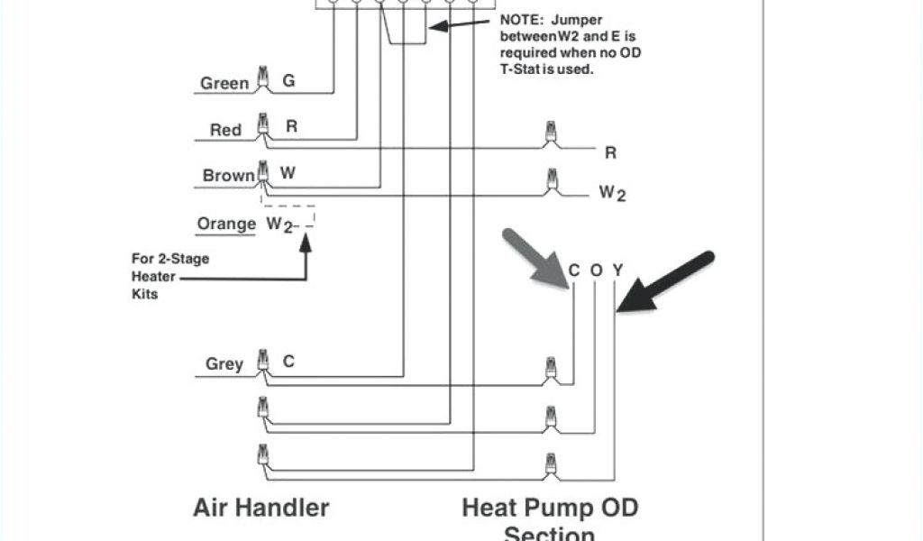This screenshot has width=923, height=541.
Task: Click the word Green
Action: [x=224, y=84]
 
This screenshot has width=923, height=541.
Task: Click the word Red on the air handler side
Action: [x=225, y=131]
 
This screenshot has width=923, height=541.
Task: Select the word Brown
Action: [x=229, y=176]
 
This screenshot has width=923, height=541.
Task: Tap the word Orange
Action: [x=227, y=224]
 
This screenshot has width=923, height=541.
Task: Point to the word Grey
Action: [x=224, y=364]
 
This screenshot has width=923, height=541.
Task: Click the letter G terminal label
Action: [x=288, y=81]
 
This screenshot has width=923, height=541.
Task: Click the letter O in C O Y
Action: [x=596, y=270]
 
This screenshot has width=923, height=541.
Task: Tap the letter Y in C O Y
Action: [x=617, y=270]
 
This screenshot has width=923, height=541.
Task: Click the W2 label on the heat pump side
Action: [x=612, y=193]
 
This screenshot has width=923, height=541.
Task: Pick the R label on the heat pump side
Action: [x=610, y=153]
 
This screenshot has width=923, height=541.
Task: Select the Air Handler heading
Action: [x=261, y=507]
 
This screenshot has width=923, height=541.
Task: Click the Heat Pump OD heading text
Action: [x=550, y=507]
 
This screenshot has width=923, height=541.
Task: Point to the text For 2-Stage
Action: [x=170, y=260]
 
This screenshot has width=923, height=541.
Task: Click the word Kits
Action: [x=145, y=294]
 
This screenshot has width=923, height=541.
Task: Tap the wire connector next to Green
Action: [x=263, y=79]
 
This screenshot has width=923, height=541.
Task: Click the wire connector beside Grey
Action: [x=263, y=361]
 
